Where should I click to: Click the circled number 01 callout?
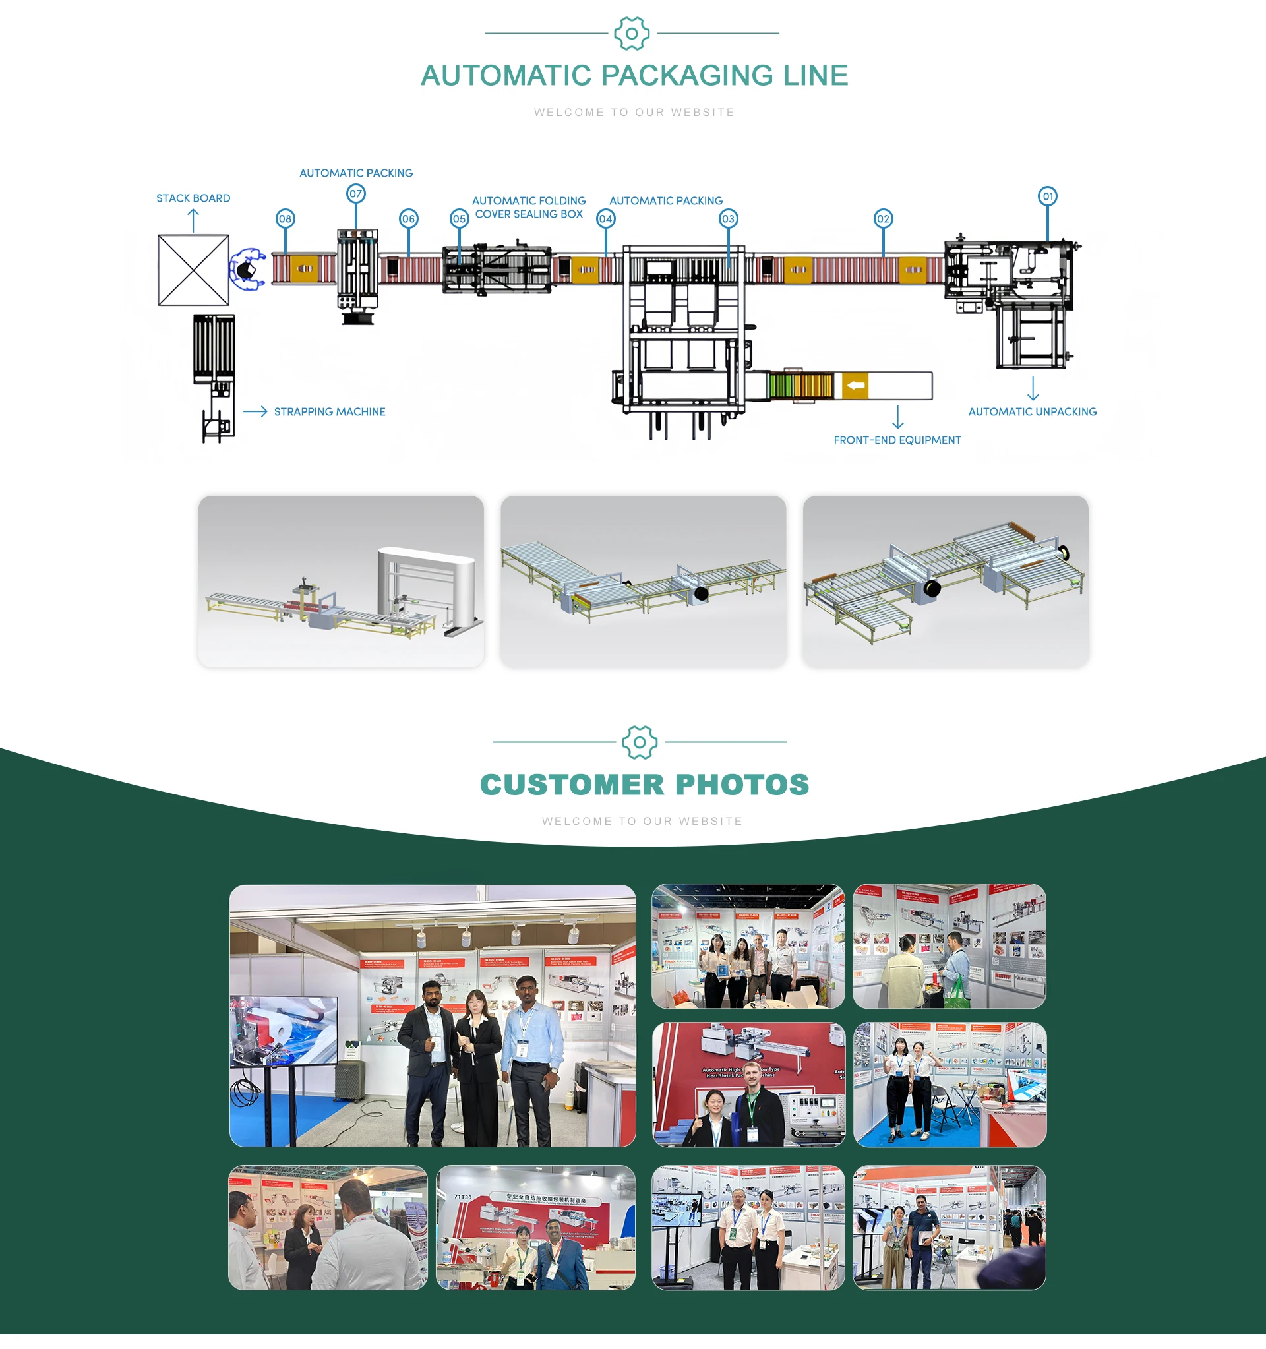click(1048, 196)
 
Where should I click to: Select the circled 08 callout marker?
click(285, 218)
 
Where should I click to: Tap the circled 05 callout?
click(460, 218)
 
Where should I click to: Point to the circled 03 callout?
click(728, 218)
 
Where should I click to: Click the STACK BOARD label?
click(193, 198)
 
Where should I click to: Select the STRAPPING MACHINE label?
click(329, 412)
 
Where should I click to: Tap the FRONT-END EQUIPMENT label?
click(897, 440)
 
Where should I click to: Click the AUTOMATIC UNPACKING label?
click(1032, 412)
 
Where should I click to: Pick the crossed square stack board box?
click(193, 270)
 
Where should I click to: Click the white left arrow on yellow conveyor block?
click(855, 386)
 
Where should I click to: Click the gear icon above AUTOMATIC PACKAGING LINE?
click(632, 33)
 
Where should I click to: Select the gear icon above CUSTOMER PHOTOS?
click(639, 742)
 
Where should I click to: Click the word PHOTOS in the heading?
click(742, 785)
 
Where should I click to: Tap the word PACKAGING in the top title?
click(686, 75)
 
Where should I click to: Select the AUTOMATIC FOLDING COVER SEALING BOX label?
click(529, 208)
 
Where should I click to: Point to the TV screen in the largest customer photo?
click(285, 1030)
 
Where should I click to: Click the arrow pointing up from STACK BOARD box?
click(193, 220)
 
